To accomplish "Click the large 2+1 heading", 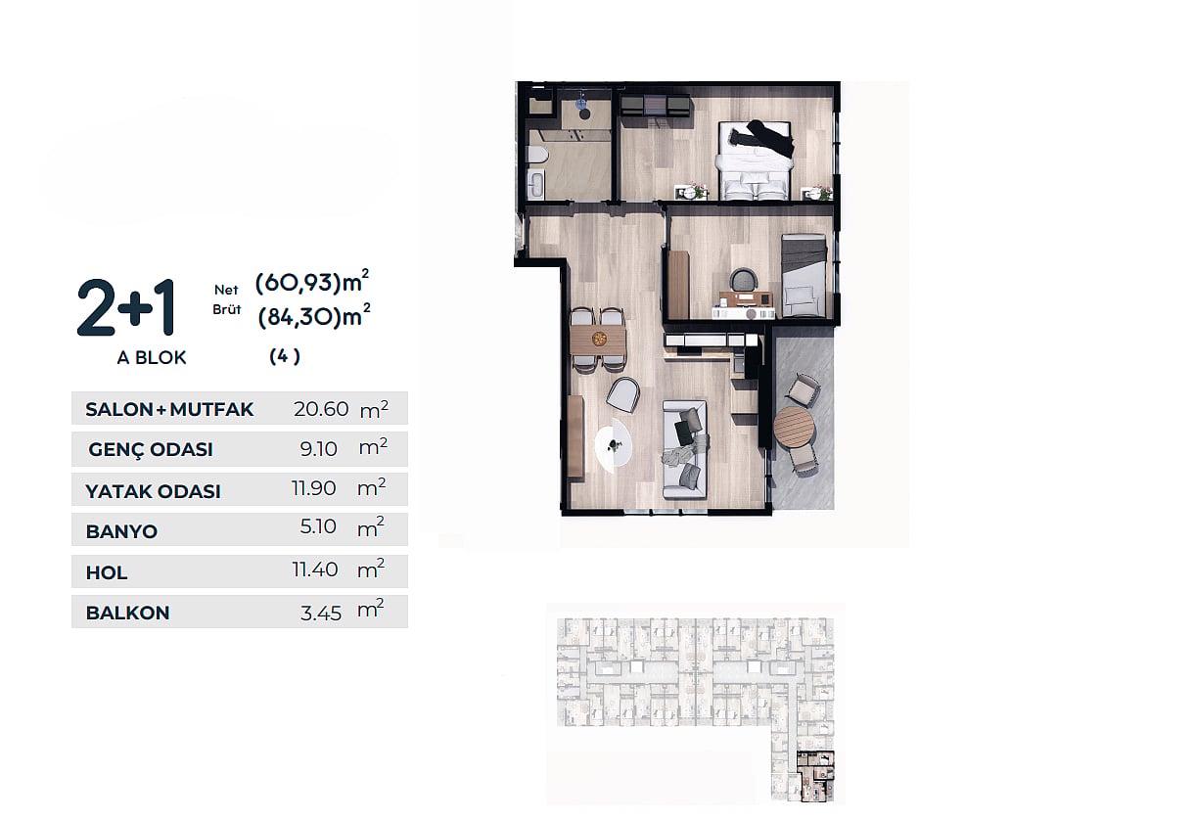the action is [126, 308].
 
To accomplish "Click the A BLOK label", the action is [152, 357].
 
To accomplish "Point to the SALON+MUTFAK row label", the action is [169, 409].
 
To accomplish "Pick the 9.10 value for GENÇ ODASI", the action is [318, 449].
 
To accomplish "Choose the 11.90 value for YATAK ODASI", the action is [314, 488].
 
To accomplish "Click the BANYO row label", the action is [121, 531].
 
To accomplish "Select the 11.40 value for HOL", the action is [315, 569].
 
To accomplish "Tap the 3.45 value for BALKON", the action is [321, 614].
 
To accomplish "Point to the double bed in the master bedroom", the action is [754, 160].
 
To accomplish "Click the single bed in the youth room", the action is [804, 276].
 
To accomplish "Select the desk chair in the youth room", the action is [743, 280].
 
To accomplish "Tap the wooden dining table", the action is [598, 340].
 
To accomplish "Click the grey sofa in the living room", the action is [685, 450].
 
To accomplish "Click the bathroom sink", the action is [535, 185].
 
